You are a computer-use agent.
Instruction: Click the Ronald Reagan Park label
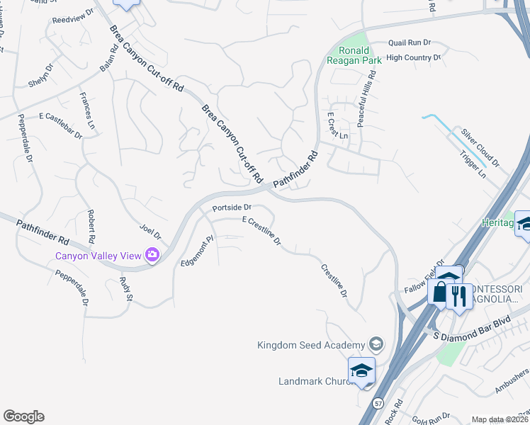pyautogui.click(x=354, y=55)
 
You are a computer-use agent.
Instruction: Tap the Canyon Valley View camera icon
pyautogui.click(x=152, y=255)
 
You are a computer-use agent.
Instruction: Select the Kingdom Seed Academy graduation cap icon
pyautogui.click(x=376, y=345)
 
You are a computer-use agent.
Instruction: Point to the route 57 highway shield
pyautogui.click(x=376, y=402)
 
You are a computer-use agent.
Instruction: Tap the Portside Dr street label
pyautogui.click(x=232, y=208)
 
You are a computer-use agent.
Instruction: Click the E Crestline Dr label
pyautogui.click(x=262, y=231)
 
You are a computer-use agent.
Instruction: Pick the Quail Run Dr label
pyautogui.click(x=410, y=43)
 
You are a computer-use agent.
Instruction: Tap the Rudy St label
pyautogui.click(x=125, y=288)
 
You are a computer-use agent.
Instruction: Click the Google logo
pyautogui.click(x=24, y=416)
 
